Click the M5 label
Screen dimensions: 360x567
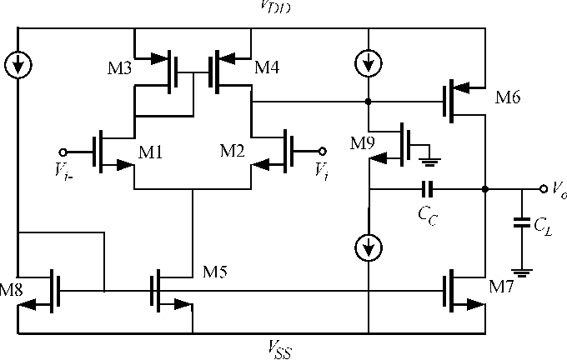pyautogui.click(x=217, y=272)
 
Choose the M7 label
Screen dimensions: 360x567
pyautogui.click(x=503, y=288)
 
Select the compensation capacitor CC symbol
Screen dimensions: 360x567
pyautogui.click(x=427, y=189)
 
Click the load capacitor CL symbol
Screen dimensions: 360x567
pyautogui.click(x=522, y=222)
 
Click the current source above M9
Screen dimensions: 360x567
pyautogui.click(x=367, y=62)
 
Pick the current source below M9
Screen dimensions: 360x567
pyautogui.click(x=368, y=246)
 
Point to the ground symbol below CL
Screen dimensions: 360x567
pyautogui.click(x=522, y=271)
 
